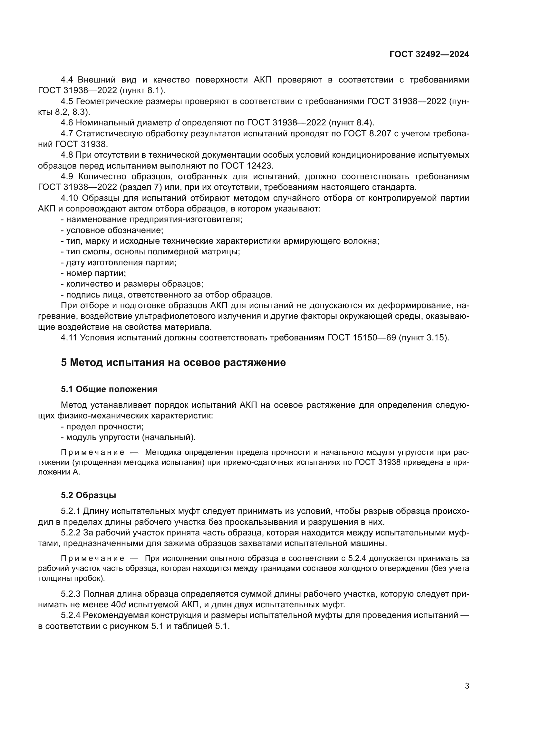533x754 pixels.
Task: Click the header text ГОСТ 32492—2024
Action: [429, 54]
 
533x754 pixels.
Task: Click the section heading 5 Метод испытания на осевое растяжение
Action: [173, 363]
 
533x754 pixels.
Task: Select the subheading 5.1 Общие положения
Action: [109, 389]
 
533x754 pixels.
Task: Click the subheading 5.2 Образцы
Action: [88, 495]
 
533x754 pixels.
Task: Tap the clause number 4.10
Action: [70, 198]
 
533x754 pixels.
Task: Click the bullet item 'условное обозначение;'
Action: [114, 230]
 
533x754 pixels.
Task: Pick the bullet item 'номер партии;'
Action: [96, 273]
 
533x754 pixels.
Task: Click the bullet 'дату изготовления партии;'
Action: [121, 262]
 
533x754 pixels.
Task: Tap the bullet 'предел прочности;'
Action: [105, 426]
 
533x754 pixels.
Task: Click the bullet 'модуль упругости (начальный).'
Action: [131, 437]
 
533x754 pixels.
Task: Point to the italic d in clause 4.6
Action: [177, 123]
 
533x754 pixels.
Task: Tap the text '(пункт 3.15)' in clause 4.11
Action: [424, 338]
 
